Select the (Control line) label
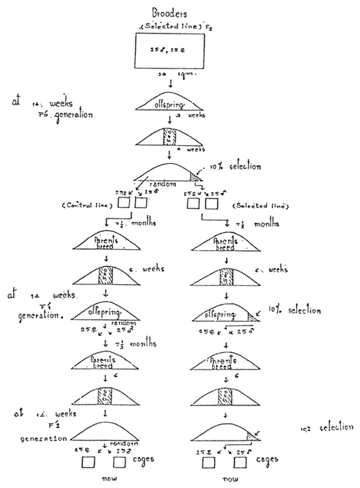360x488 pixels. click(x=88, y=207)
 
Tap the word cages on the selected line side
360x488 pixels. click(x=268, y=460)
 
